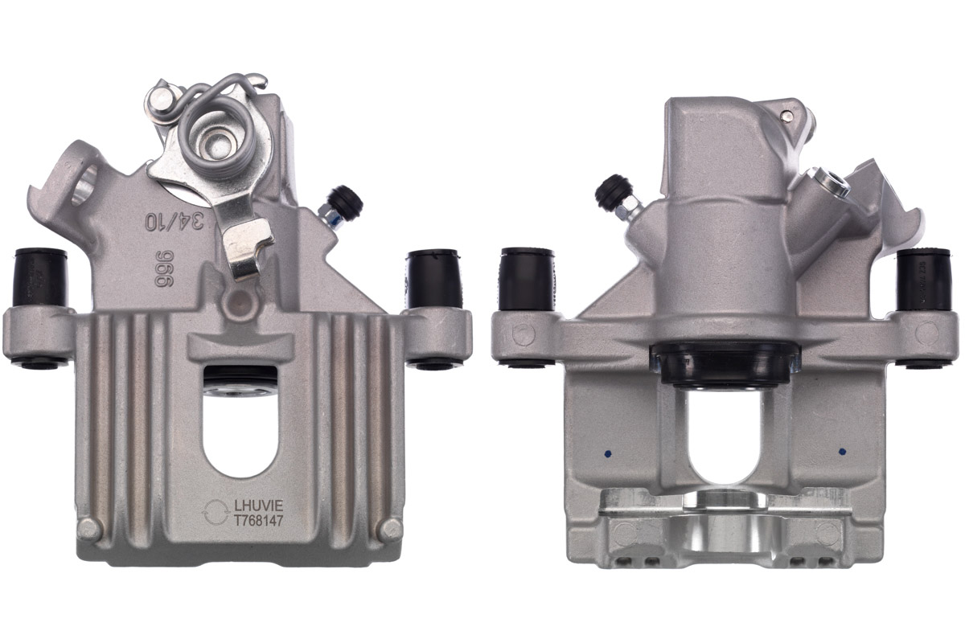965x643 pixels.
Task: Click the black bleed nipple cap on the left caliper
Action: tap(347, 200)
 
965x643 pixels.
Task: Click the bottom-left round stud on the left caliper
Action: tap(89, 528)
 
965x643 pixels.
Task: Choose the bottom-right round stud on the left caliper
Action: tap(392, 528)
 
